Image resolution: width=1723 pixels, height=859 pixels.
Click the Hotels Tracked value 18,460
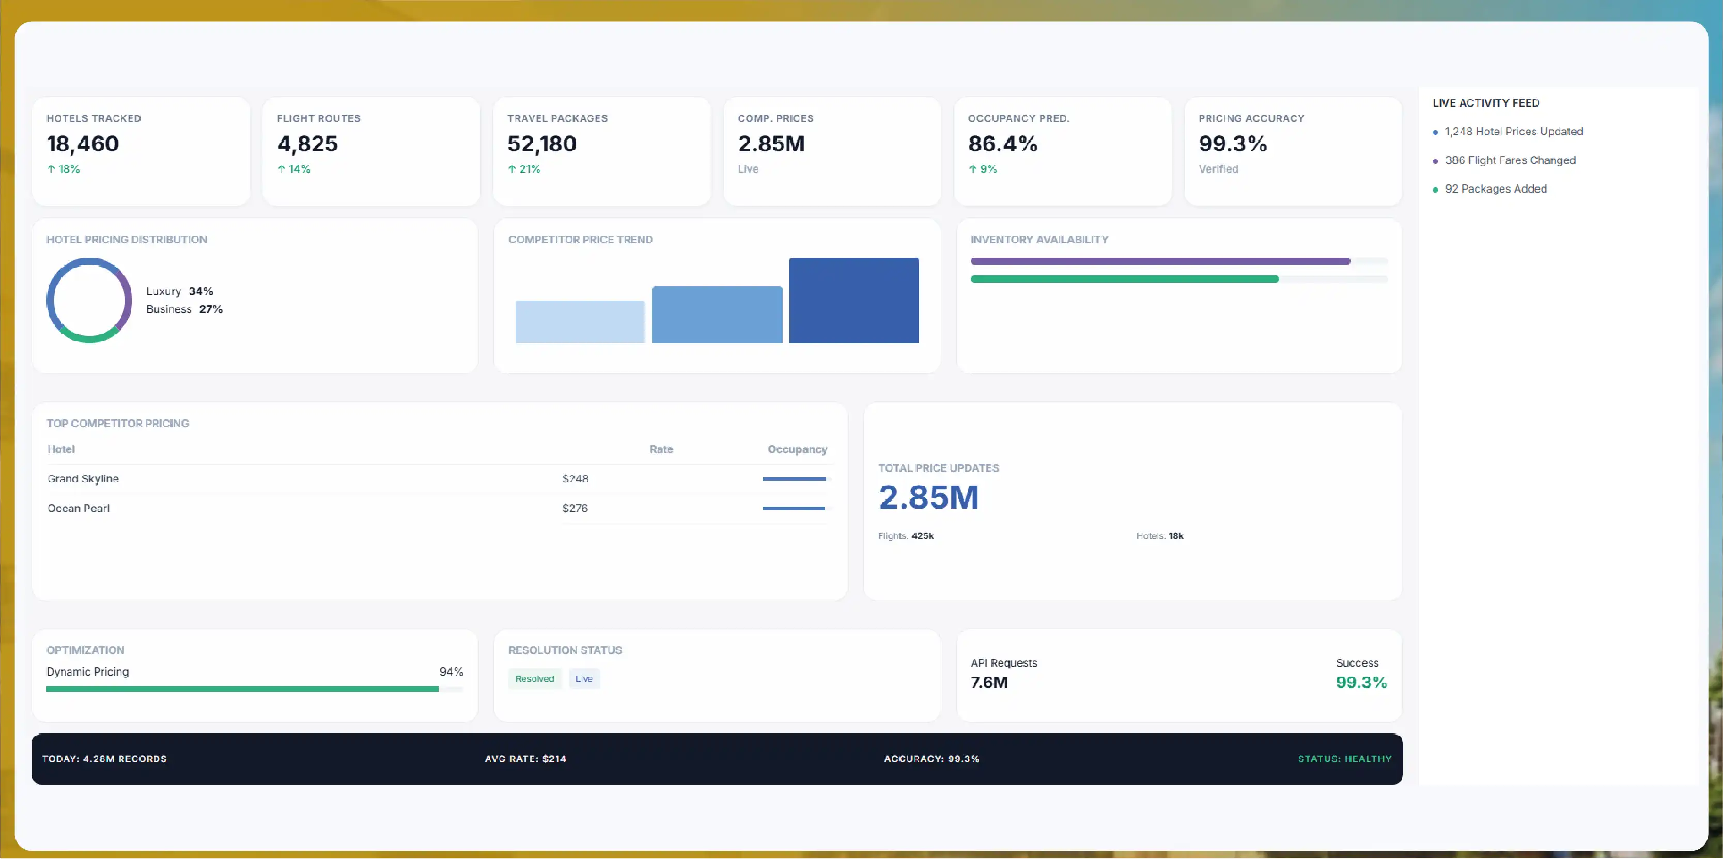pos(82,144)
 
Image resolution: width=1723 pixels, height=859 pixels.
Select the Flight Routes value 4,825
pos(307,144)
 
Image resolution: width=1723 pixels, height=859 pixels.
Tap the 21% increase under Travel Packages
pos(524,169)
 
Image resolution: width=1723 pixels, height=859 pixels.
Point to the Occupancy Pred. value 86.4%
pos(1003,144)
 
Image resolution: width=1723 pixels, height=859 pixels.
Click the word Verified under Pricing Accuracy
pos(1218,169)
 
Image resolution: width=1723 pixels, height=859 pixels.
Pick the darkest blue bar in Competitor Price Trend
pos(854,301)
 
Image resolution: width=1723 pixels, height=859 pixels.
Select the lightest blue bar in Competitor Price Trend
pos(580,322)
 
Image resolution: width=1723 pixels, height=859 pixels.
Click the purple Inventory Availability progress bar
pos(1160,261)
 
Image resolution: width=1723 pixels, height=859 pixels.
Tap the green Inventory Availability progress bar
pos(1124,279)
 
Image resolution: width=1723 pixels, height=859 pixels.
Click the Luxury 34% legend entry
pos(179,291)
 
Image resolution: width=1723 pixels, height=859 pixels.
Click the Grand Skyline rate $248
pos(575,479)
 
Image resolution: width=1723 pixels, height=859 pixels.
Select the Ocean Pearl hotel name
pos(78,508)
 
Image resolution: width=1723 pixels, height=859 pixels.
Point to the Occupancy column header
pos(797,449)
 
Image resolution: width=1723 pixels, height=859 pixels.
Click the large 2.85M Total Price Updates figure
pos(928,497)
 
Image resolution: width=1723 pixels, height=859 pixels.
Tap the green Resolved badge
pos(534,679)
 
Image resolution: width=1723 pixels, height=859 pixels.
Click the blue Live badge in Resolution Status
pos(584,679)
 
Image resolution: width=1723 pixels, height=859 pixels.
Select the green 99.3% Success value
pos(1361,682)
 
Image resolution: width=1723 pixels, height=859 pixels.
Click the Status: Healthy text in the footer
pos(1344,759)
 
